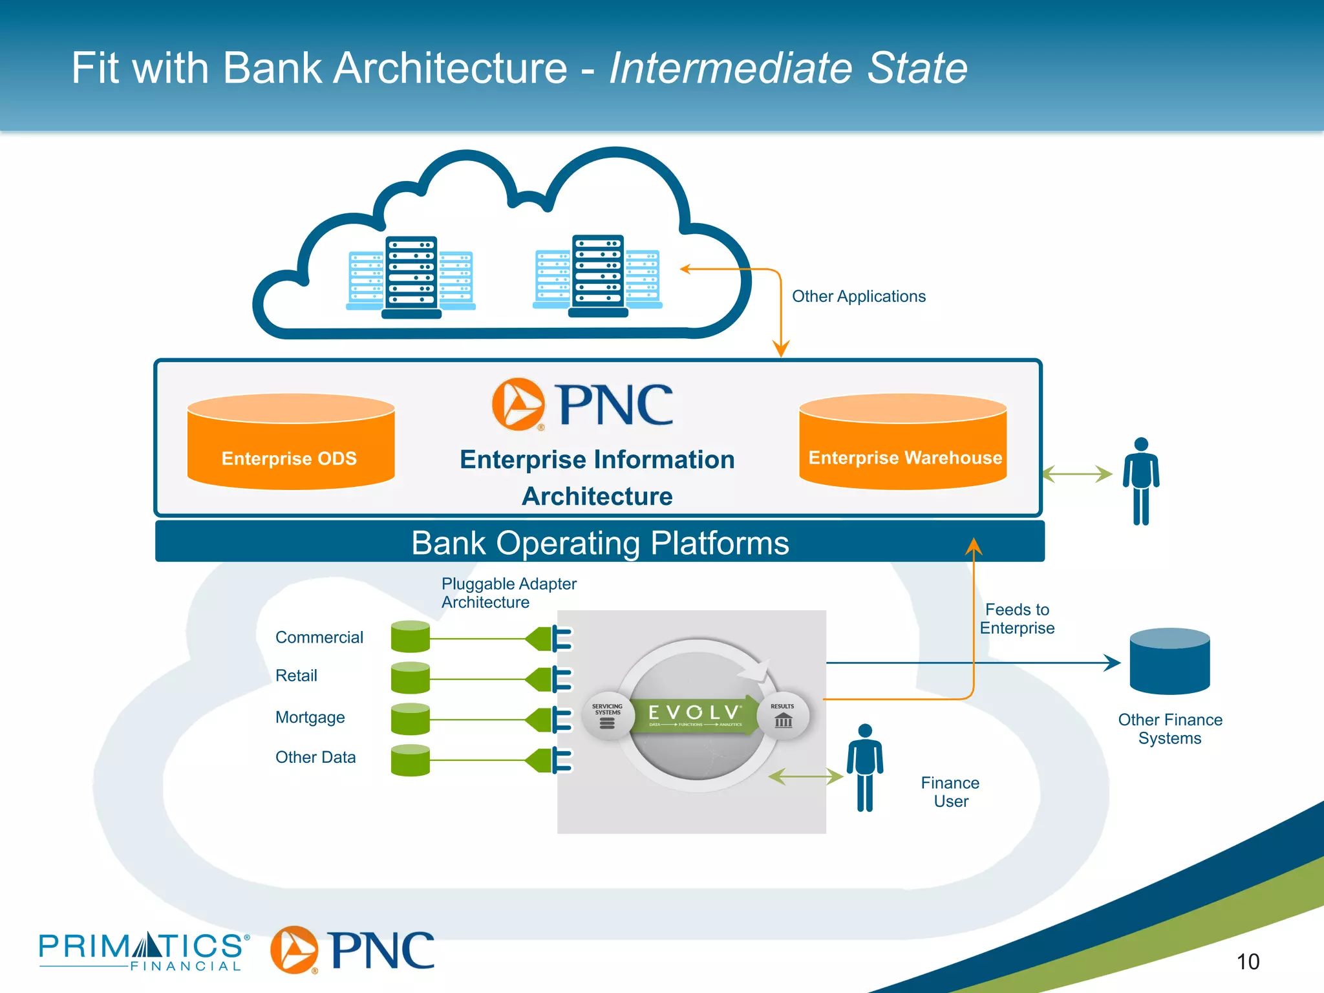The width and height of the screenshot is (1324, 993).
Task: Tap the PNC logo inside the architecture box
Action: click(582, 405)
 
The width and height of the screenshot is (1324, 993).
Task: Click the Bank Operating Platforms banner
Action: click(599, 542)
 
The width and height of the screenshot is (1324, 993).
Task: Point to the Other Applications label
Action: click(859, 297)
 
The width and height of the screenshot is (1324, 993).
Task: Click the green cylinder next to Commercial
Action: click(410, 637)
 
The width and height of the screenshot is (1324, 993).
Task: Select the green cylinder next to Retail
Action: click(410, 678)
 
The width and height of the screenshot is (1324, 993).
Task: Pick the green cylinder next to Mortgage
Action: click(410, 719)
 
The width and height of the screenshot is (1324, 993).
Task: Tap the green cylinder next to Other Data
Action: click(410, 760)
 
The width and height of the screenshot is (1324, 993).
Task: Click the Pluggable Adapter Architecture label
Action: click(508, 593)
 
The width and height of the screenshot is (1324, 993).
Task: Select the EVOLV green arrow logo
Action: click(695, 714)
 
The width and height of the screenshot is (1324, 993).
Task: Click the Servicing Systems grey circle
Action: click(607, 716)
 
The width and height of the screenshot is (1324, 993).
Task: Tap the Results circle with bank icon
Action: click(783, 715)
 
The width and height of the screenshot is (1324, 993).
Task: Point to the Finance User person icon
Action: click(865, 767)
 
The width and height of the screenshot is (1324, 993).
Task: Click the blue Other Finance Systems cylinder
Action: click(1169, 661)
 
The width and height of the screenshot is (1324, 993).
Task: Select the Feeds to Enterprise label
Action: click(1017, 619)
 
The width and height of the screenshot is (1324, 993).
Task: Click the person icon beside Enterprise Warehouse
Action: click(1141, 480)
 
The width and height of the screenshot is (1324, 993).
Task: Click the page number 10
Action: click(1248, 962)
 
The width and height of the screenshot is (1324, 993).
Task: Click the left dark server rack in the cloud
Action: click(411, 277)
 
